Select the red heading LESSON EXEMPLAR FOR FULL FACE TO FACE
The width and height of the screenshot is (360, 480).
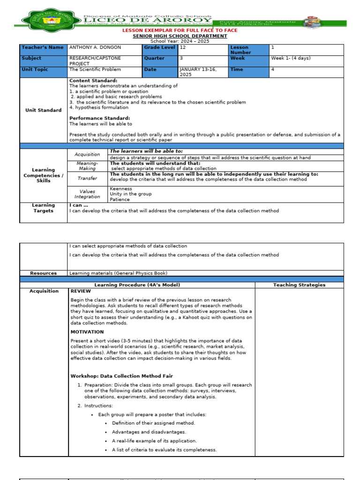[180, 30]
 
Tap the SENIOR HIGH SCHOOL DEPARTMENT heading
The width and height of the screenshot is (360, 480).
[180, 36]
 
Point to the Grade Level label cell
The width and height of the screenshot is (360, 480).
[160, 47]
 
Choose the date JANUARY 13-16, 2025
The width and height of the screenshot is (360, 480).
[195, 72]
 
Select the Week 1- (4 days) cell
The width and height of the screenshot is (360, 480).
[291, 58]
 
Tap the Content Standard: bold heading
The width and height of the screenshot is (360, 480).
[93, 81]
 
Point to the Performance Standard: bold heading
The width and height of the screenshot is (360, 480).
[99, 118]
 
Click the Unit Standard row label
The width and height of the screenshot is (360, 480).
[44, 110]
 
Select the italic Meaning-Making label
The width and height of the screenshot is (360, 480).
[87, 165]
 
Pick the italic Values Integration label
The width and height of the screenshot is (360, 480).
[87, 194]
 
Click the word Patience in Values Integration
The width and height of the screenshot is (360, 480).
[120, 200]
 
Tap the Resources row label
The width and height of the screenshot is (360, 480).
[44, 273]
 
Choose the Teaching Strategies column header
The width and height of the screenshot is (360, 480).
[299, 285]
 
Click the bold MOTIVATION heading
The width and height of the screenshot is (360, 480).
[87, 332]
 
